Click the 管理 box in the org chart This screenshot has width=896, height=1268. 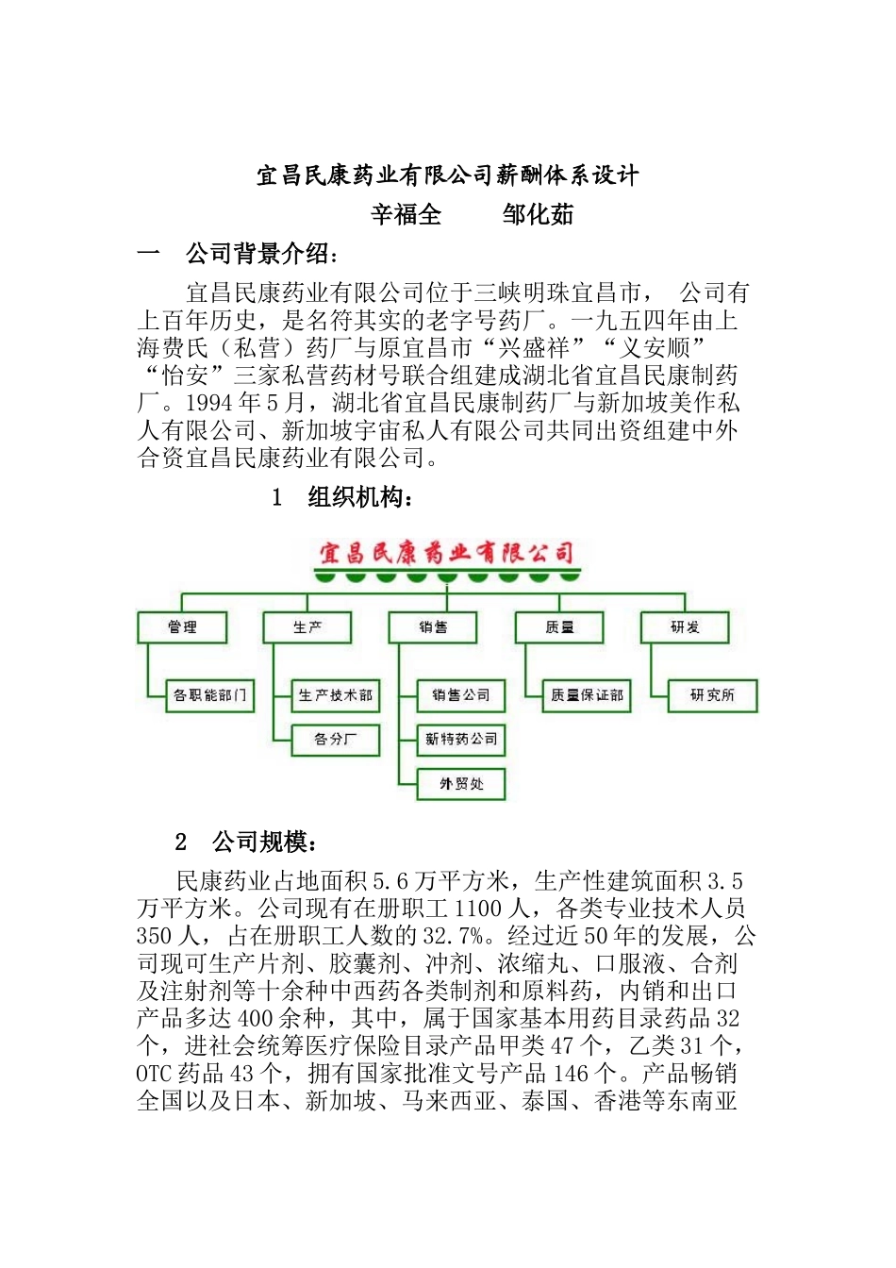(x=182, y=627)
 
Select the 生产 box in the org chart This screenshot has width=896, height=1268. (x=307, y=627)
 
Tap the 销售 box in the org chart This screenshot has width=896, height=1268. (x=433, y=627)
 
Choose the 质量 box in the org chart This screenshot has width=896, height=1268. (x=559, y=627)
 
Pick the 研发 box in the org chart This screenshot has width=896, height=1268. (x=685, y=627)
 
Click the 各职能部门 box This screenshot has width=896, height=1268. (x=209, y=695)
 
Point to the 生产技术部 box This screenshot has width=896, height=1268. (x=335, y=695)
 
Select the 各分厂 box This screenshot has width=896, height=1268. (x=335, y=740)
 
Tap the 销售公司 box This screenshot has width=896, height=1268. (x=461, y=695)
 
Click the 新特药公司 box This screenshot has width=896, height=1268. (x=461, y=740)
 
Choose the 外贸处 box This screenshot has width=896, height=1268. (x=461, y=784)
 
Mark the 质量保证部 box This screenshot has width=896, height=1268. (x=587, y=695)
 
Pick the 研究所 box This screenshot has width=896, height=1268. (x=712, y=695)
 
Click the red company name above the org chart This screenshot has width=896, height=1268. (x=446, y=553)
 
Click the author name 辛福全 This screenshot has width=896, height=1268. (x=406, y=215)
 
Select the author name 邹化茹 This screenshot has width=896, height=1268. (x=538, y=215)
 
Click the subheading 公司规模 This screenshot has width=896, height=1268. (x=264, y=842)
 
